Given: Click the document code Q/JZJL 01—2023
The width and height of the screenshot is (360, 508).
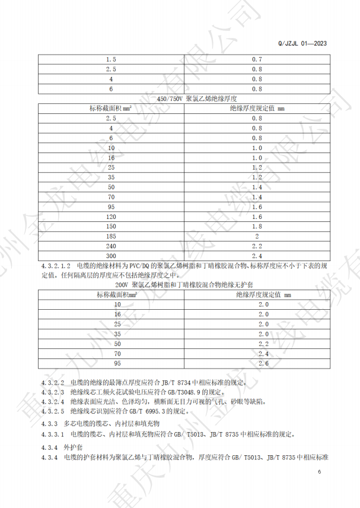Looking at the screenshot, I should click(302, 43).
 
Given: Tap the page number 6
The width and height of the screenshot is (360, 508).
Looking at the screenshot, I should click(320, 472).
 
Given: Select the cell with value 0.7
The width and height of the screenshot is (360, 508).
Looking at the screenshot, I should click(257, 60).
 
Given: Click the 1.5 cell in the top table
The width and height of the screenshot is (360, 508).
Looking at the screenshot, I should click(111, 60).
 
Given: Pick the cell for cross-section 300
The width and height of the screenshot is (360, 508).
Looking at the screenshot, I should click(111, 255).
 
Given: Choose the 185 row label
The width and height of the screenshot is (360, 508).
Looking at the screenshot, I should click(111, 236).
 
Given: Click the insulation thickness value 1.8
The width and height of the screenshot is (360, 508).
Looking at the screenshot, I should click(257, 226).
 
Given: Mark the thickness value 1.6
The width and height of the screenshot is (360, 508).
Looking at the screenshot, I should click(257, 207).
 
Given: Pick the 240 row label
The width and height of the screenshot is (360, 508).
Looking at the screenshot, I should click(111, 246).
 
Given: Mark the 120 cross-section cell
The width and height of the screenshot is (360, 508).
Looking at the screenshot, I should click(111, 217).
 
